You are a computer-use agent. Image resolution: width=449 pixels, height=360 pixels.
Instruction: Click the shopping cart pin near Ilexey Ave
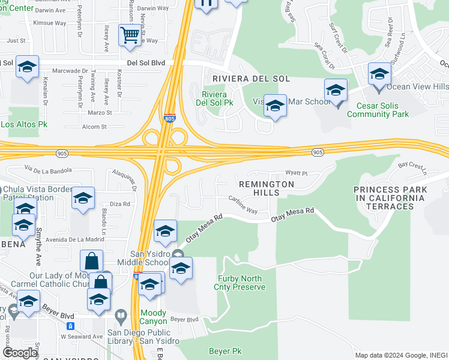tap(129, 36)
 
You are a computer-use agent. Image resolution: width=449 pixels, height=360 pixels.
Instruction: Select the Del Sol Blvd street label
tap(146, 62)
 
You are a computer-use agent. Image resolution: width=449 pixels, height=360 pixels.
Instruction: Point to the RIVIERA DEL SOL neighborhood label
tap(250, 79)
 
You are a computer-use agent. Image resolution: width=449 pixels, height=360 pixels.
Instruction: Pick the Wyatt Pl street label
tap(296, 173)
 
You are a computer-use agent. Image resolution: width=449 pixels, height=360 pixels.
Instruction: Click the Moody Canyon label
tap(153, 317)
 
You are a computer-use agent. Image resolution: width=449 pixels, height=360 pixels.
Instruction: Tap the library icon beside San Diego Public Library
tap(121, 315)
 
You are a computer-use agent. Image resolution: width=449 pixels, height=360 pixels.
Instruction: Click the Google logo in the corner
tap(20, 353)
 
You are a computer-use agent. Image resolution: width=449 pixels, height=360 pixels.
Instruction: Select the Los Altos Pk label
tap(24, 125)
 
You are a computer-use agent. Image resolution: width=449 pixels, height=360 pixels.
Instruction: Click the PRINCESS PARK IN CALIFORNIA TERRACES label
tap(391, 198)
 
